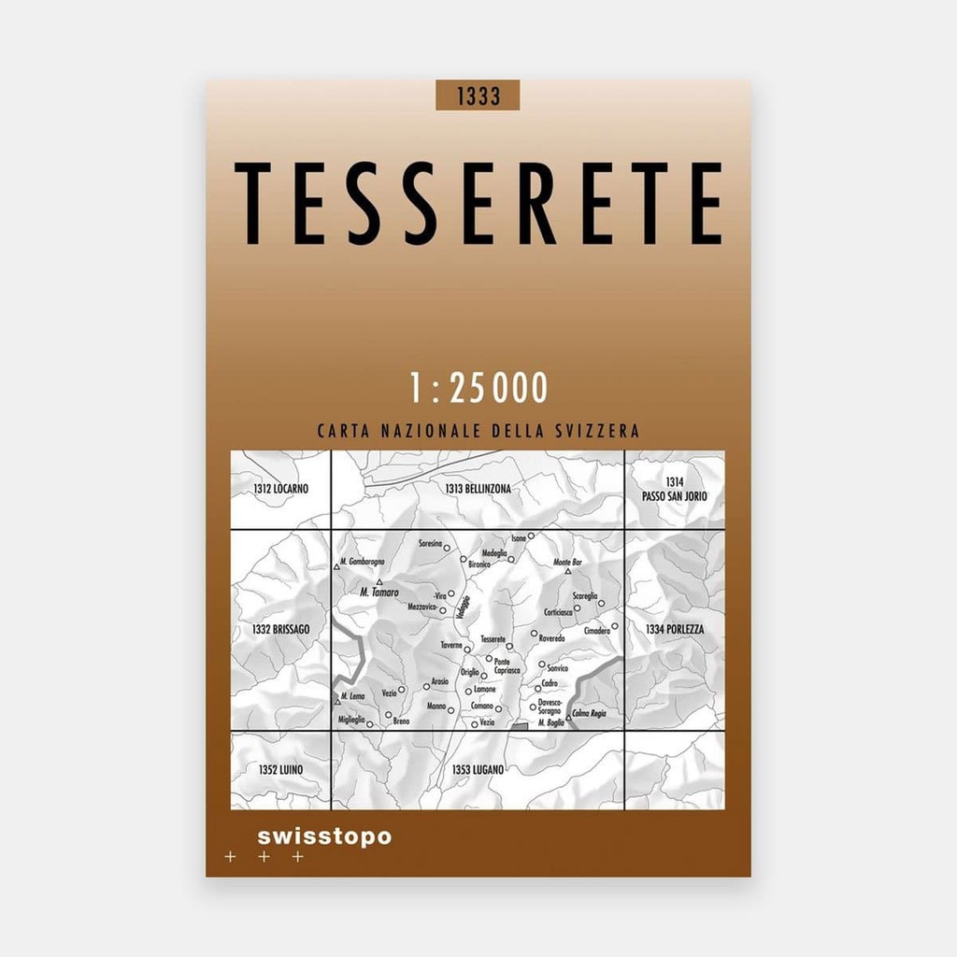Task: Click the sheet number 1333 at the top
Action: point(478,95)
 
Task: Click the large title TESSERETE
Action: point(478,204)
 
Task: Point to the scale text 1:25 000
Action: point(478,388)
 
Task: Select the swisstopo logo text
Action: point(323,836)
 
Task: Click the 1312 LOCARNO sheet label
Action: point(280,489)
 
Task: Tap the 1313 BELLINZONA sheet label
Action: point(478,489)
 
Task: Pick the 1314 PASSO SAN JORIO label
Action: point(675,489)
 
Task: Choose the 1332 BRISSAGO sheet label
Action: point(280,630)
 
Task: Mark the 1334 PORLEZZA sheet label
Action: point(675,630)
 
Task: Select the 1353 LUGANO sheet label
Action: point(478,769)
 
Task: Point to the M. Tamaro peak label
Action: point(379,593)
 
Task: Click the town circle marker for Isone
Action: point(530,536)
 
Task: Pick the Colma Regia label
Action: point(591,713)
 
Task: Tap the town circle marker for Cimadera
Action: point(615,626)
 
